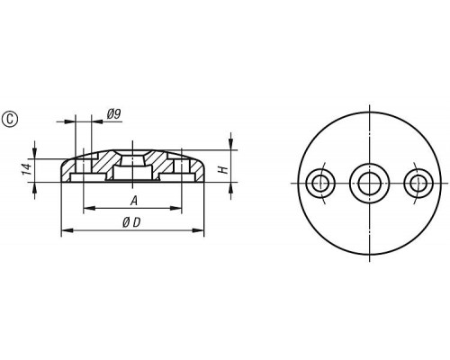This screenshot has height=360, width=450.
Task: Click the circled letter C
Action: click(x=10, y=119)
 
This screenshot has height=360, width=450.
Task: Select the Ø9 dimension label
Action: click(x=113, y=114)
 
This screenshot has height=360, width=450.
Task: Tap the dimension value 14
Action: click(x=27, y=169)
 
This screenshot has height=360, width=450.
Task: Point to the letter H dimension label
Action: click(x=223, y=170)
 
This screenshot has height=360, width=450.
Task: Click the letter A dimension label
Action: click(x=134, y=201)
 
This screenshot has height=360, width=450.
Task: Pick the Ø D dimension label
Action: click(x=131, y=222)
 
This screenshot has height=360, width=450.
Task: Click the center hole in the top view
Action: click(x=369, y=183)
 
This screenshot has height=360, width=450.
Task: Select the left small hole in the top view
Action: click(x=320, y=183)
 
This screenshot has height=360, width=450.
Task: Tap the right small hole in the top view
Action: click(x=418, y=183)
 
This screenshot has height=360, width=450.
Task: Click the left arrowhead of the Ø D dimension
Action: click(x=67, y=230)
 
